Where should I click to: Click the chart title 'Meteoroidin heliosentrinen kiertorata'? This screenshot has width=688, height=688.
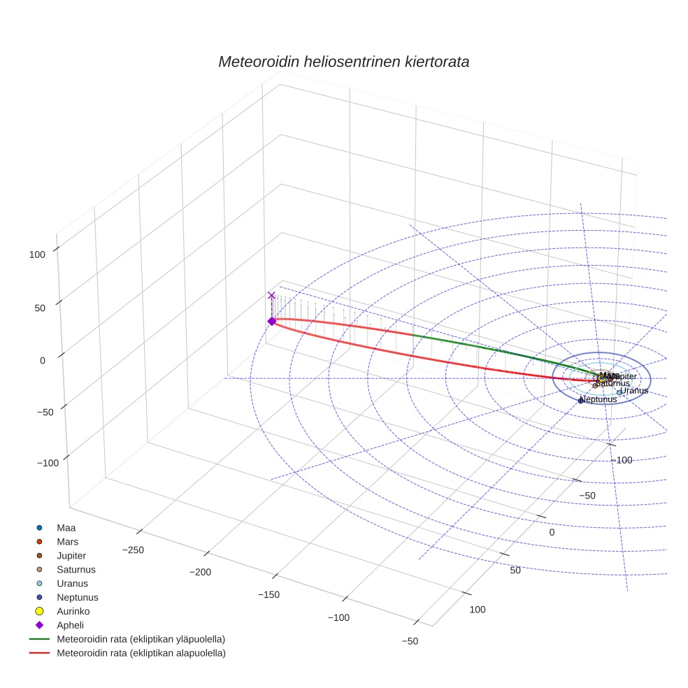point(343,62)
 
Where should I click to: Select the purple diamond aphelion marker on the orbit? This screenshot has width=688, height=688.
point(271,321)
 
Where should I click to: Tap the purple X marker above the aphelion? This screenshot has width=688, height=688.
point(271,296)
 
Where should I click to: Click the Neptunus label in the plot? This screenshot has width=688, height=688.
point(599,399)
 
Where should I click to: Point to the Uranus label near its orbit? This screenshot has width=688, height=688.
point(634,390)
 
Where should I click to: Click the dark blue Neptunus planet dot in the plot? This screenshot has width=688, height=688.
point(580,401)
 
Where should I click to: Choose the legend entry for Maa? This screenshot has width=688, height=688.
point(66,528)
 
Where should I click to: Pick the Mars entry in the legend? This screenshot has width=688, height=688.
point(67,542)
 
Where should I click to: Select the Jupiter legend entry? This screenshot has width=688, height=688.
point(71,556)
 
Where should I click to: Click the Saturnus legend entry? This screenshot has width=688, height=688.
point(76,570)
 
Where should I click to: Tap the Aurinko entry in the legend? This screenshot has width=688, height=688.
point(72,612)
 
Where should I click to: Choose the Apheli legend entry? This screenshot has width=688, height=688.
point(70,626)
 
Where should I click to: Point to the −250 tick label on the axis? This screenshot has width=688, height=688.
point(133,550)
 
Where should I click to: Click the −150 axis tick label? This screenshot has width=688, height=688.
point(268,595)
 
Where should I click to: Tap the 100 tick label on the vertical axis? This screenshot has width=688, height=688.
point(37,255)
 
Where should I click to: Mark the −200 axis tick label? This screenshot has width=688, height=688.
point(201,573)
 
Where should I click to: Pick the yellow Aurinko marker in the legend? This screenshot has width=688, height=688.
point(39,612)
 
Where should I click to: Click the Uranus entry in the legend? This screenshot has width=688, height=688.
point(72,584)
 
